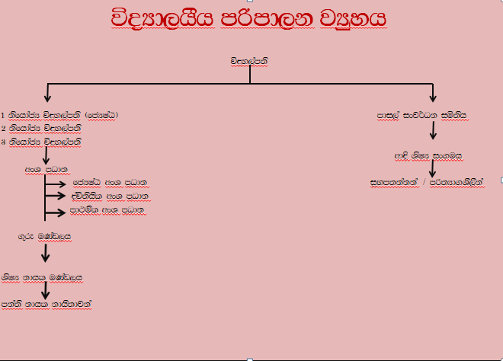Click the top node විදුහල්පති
(x=251, y=60)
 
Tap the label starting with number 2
(x=46, y=129)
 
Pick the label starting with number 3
(x=46, y=142)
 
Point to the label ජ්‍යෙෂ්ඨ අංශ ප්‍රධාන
(x=110, y=183)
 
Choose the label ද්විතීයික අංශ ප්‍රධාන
(x=110, y=196)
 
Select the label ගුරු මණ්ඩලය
(x=45, y=237)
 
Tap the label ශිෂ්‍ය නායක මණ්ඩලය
(x=41, y=277)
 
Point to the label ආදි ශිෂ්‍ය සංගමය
(x=428, y=156)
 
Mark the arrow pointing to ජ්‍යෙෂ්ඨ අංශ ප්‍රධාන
(x=57, y=183)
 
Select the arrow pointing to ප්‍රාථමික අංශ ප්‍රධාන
(x=57, y=209)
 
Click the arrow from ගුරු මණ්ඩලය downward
(x=46, y=253)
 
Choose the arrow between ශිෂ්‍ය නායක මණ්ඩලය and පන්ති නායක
(x=46, y=290)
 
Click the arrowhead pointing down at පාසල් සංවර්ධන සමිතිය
(x=433, y=97)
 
